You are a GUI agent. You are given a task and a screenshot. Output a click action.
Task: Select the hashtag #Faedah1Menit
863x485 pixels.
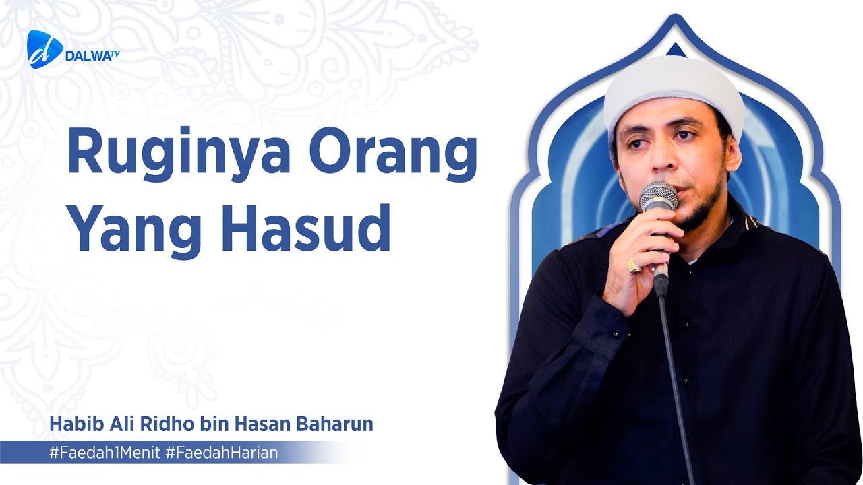[104, 453]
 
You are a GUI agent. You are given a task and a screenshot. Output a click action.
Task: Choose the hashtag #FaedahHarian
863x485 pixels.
[221, 453]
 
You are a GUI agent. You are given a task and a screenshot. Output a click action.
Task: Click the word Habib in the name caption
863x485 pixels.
[69, 425]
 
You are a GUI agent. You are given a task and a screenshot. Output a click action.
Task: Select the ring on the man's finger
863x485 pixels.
[634, 265]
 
